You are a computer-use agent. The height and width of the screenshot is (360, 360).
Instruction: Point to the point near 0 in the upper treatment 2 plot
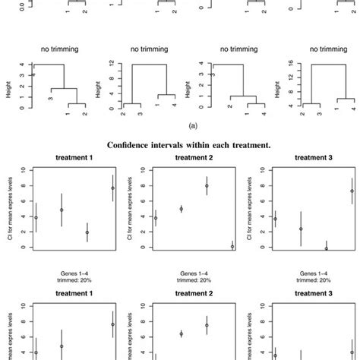pyautogui.click(x=232, y=246)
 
